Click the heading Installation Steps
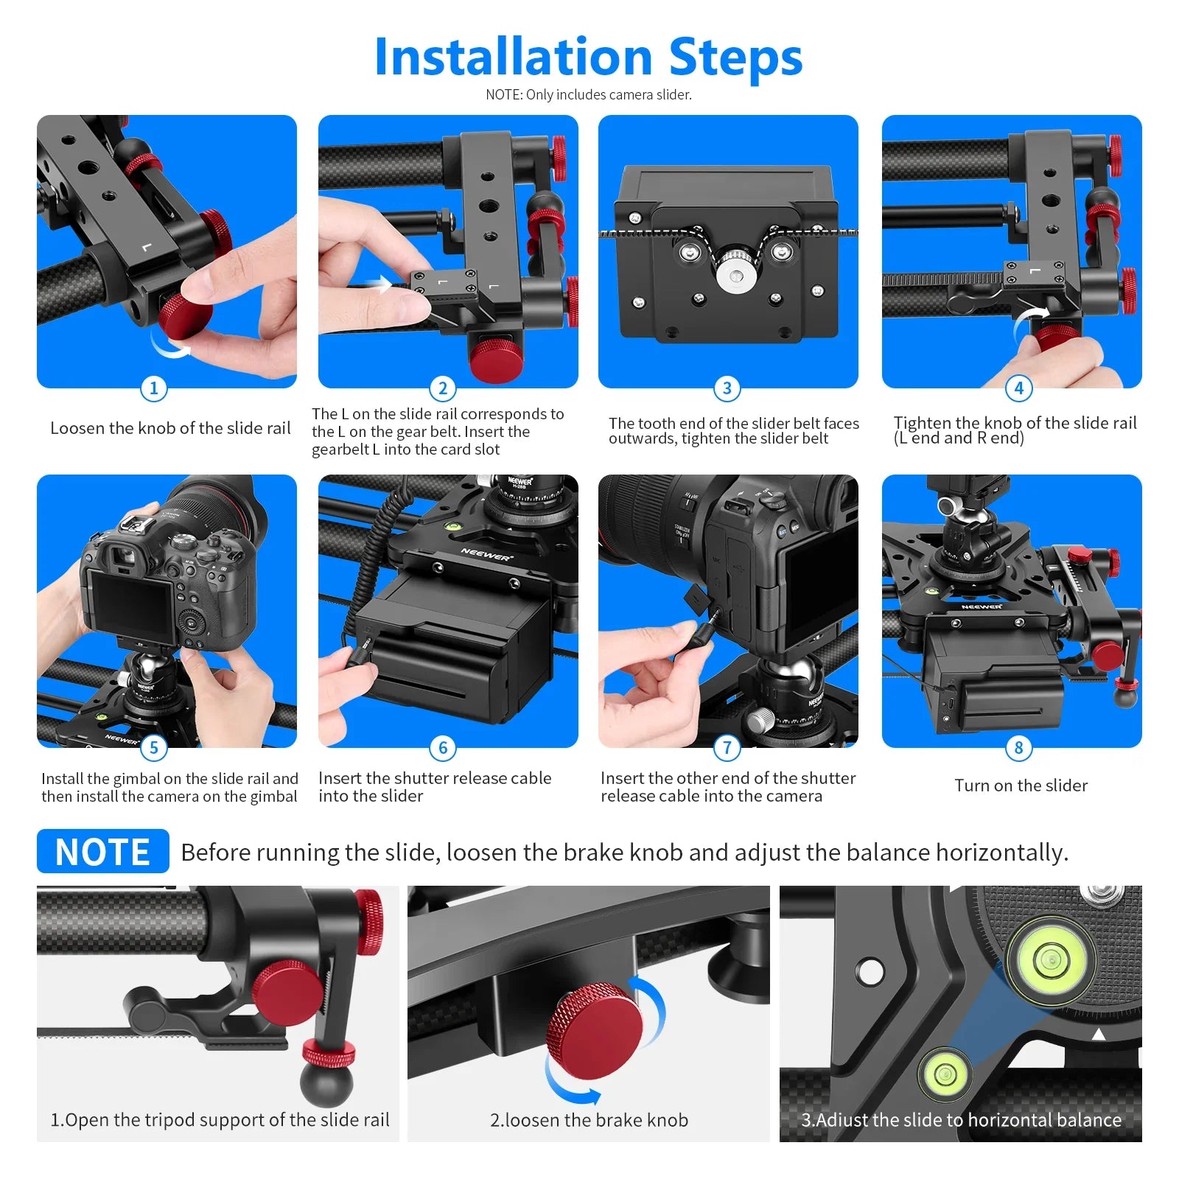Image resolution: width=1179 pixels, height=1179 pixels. point(588,57)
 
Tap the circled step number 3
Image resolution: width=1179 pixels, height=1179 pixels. point(727,388)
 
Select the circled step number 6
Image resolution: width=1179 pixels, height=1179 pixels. point(443,748)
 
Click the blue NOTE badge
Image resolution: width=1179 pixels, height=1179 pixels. point(103,852)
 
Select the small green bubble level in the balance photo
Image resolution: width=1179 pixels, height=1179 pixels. point(944,1071)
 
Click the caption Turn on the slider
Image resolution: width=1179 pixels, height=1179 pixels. point(1021,786)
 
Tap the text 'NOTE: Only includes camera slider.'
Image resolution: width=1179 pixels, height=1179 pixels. point(588,94)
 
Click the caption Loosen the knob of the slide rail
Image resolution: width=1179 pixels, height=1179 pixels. point(170,428)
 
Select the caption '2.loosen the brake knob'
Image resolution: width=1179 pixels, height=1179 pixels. point(589,1120)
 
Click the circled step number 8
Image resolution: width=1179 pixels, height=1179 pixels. point(1018,748)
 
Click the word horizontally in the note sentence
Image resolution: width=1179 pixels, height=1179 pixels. point(1001,853)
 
